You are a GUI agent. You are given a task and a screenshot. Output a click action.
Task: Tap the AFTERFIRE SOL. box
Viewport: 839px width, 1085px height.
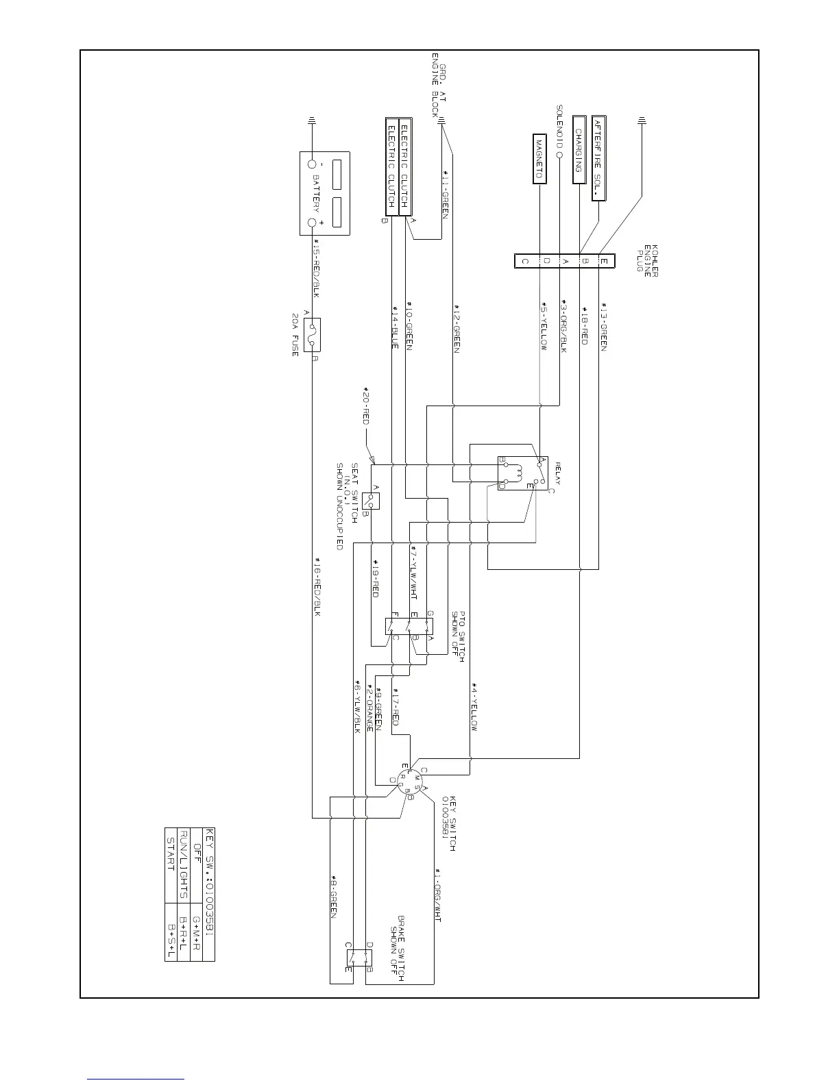tap(599, 157)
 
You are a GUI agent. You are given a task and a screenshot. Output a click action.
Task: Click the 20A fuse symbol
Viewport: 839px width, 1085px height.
tap(313, 336)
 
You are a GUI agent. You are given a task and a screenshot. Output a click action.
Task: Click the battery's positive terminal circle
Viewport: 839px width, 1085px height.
tap(313, 223)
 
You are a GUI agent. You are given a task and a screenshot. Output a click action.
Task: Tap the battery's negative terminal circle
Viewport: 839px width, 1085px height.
tap(313, 164)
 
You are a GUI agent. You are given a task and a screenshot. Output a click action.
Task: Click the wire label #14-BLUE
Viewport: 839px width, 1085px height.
tap(395, 327)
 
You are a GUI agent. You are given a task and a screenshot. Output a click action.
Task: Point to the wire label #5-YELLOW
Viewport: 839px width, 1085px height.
tap(544, 326)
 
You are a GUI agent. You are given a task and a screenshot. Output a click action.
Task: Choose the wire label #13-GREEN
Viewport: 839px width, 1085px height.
tap(604, 327)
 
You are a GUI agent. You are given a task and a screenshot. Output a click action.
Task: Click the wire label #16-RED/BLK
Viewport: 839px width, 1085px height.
tap(317, 585)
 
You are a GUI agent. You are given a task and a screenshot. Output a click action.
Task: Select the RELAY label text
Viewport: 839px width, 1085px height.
tap(558, 473)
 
